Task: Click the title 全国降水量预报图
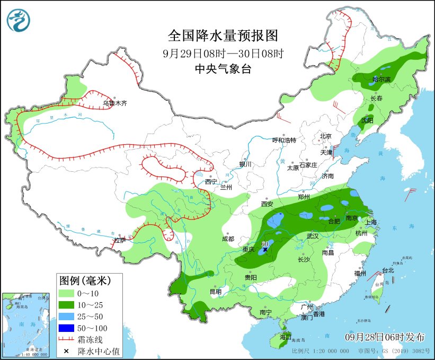pyautogui.click(x=223, y=36)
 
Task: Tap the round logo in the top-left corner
pyautogui.click(x=19, y=20)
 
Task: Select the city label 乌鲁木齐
pyautogui.click(x=115, y=103)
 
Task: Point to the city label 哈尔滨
pyautogui.click(x=380, y=80)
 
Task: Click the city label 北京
pyautogui.click(x=325, y=136)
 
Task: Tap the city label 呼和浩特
pyautogui.click(x=284, y=140)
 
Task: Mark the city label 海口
pyautogui.click(x=286, y=337)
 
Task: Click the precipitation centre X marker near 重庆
pyautogui.click(x=265, y=249)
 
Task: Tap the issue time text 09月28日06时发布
pyautogui.click(x=385, y=337)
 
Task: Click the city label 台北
pyautogui.click(x=388, y=270)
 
